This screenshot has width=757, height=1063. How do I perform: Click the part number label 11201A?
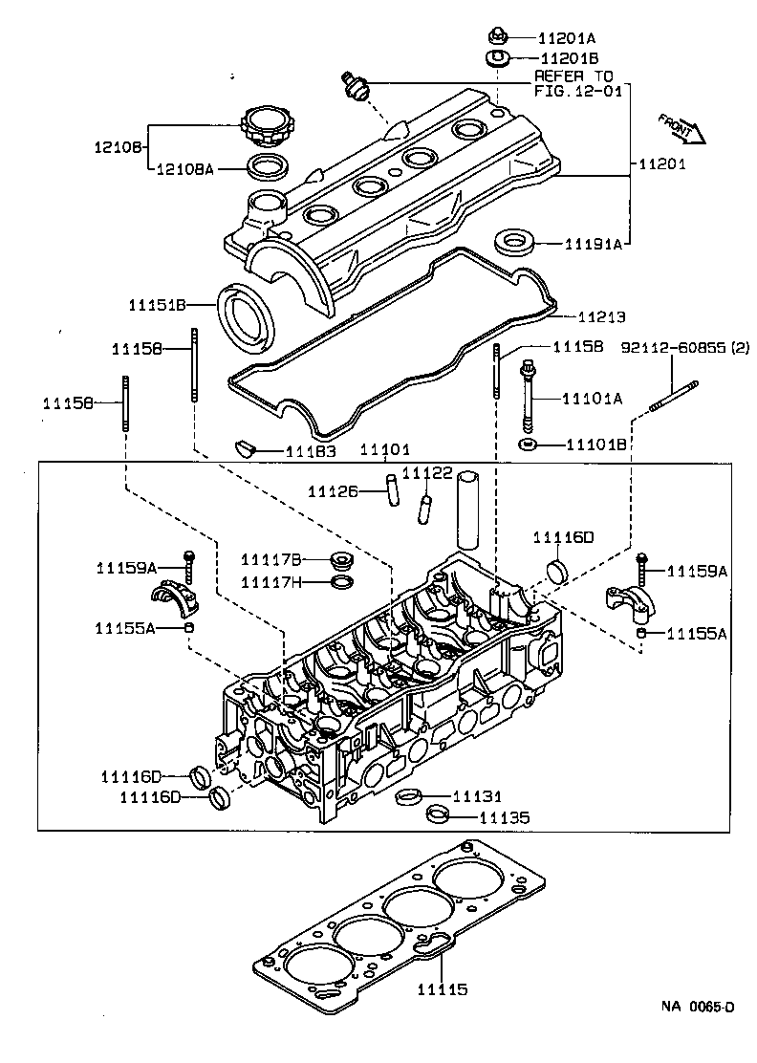[x=567, y=38]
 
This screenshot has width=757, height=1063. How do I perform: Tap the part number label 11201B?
[x=567, y=57]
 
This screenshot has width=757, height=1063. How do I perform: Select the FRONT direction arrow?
[x=681, y=127]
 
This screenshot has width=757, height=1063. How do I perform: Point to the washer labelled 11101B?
[x=528, y=445]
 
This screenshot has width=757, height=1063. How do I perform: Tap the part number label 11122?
[x=427, y=473]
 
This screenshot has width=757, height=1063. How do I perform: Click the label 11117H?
[x=270, y=581]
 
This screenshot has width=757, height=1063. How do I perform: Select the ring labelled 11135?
[x=438, y=815]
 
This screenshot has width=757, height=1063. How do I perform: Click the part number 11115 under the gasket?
[x=443, y=990]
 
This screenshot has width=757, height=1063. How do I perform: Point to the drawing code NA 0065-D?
[x=699, y=1033]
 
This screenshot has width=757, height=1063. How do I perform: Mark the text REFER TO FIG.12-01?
[x=574, y=83]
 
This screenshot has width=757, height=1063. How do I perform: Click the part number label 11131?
[x=477, y=795]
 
